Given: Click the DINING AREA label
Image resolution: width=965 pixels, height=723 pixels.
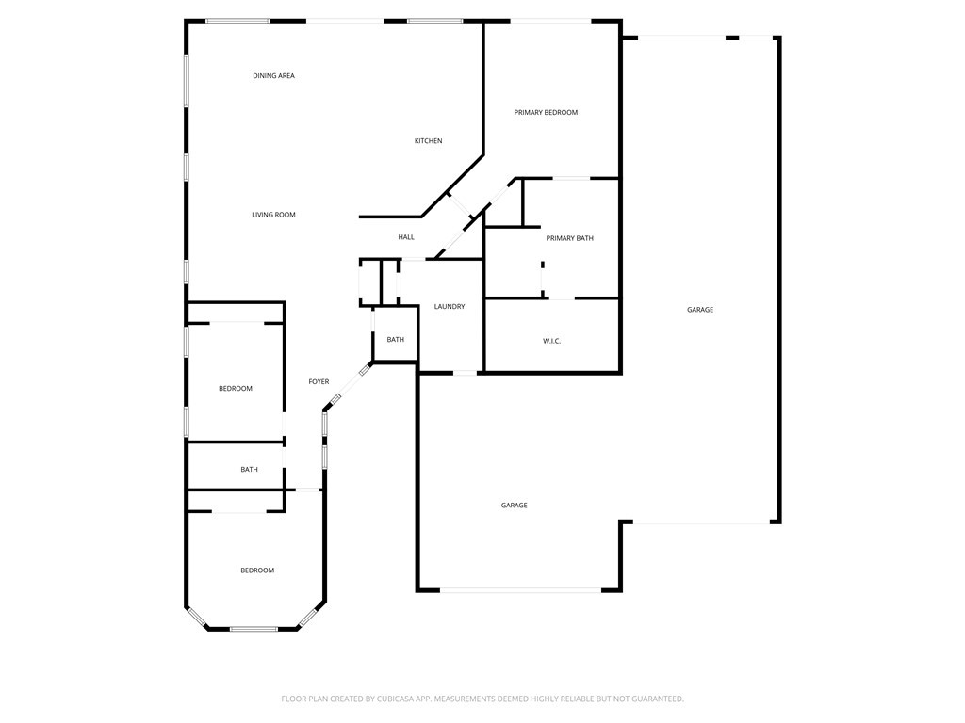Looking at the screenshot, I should coord(273,76).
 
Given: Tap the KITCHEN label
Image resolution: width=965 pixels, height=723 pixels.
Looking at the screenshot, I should coord(428,141).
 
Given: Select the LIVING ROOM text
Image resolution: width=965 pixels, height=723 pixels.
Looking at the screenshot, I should coord(273,216).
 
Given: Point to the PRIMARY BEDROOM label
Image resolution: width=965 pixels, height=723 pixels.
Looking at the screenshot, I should coord(546,113).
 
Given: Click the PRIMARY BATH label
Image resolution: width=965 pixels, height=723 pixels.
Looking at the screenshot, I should coord(569,239).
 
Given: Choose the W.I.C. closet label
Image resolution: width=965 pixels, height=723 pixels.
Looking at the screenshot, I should coord(551,341).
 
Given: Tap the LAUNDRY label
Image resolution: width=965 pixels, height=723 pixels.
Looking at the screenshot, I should coord(449,307).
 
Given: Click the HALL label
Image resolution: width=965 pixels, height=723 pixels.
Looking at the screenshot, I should coord(406,237).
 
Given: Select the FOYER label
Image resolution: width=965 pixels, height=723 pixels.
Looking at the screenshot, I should coord(319,382).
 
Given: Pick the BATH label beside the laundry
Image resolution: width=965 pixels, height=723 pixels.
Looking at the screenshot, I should coord(395,340).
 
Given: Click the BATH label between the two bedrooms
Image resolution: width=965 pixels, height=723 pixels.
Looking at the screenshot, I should coord(249,470).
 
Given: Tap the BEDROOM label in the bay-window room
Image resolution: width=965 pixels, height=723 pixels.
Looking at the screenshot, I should coord(256,570).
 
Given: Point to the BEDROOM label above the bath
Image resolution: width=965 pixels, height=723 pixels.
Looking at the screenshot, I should coord(236,389).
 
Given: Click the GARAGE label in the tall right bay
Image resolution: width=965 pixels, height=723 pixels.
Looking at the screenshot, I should coord(699,310).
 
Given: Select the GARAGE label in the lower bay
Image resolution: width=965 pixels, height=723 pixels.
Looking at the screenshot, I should coord(514,506).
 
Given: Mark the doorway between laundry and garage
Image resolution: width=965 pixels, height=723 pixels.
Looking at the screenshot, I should coord(466,374).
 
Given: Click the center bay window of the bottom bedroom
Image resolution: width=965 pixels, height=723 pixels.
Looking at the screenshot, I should coord(253,629).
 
